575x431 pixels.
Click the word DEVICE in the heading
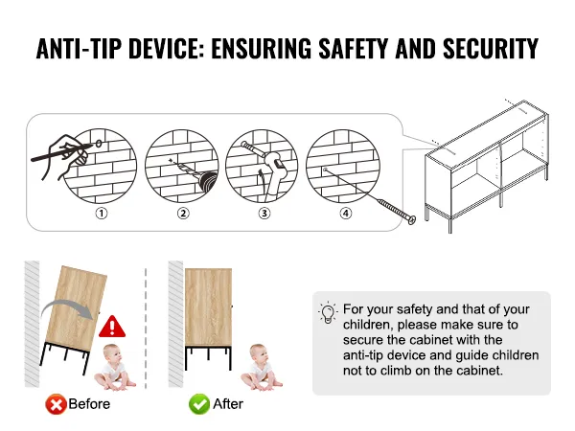[x=166, y=49]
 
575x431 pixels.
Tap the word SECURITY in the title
[x=491, y=49]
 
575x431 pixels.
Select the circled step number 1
[x=102, y=214]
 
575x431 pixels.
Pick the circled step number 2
[x=183, y=214]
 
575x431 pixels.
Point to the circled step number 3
[x=264, y=214]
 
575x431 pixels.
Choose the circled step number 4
[x=346, y=214]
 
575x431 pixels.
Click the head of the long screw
[x=412, y=219]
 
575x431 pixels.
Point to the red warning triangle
[x=112, y=327]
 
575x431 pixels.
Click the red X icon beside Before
[x=56, y=404]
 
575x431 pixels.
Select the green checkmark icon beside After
[x=199, y=404]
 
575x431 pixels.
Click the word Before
[x=89, y=404]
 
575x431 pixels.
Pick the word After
[x=228, y=404]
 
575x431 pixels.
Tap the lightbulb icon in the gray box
[x=328, y=313]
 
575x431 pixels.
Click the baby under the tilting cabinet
[x=114, y=367]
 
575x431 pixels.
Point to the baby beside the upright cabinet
[x=261, y=367]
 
